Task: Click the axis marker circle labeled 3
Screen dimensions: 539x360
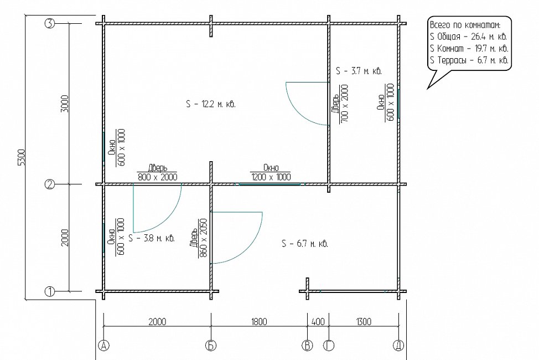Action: (50, 23)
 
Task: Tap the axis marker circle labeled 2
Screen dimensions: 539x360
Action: (50, 184)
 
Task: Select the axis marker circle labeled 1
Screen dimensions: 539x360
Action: (50, 291)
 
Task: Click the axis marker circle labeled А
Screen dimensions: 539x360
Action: (103, 345)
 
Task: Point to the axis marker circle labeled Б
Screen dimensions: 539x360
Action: (211, 345)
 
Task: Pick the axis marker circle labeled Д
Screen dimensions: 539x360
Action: (399, 345)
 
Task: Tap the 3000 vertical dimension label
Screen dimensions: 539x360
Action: (65, 104)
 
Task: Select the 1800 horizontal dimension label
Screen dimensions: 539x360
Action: (259, 322)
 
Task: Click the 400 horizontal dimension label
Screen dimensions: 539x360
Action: (318, 322)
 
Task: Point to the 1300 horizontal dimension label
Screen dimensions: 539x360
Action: (364, 322)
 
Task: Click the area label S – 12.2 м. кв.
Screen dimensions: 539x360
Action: (211, 104)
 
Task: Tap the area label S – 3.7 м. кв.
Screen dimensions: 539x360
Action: (359, 71)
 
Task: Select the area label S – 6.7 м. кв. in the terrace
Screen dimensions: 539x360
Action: (305, 244)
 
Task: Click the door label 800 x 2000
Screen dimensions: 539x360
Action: (157, 177)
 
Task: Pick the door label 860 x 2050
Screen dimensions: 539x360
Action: (204, 238)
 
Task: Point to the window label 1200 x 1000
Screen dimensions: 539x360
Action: (271, 177)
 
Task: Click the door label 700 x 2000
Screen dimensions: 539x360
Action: (344, 103)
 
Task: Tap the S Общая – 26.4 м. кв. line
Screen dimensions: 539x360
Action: (468, 37)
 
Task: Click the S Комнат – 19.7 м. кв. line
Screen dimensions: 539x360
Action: (469, 48)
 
